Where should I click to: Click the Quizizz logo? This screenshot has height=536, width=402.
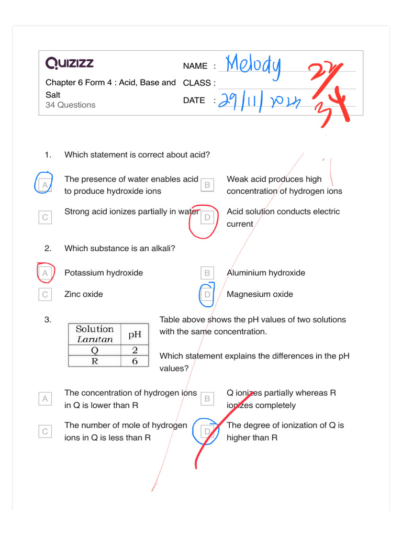[70, 64]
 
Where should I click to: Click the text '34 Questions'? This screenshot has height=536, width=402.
[71, 105]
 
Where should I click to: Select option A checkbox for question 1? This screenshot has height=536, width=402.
[45, 185]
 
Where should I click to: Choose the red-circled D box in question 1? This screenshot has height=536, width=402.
[207, 217]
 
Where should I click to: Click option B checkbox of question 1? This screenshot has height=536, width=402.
[207, 185]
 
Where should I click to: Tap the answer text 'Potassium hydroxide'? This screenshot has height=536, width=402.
[103, 273]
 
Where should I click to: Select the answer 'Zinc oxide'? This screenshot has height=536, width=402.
[83, 294]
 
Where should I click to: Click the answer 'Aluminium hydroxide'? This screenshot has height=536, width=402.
[265, 273]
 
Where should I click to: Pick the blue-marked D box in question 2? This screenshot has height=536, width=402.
[207, 295]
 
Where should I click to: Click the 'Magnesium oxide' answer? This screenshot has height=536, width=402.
[260, 294]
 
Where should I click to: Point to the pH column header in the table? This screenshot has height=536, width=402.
[135, 333]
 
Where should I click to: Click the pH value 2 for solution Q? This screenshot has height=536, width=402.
[135, 350]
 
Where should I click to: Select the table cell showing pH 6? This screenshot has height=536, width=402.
[135, 361]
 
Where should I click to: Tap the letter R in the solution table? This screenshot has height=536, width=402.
[94, 361]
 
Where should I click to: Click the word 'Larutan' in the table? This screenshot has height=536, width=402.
[94, 339]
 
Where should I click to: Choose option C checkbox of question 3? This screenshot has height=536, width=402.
[45, 432]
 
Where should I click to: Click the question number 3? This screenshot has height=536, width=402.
[48, 320]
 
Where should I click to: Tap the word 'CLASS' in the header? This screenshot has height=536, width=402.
[197, 83]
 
